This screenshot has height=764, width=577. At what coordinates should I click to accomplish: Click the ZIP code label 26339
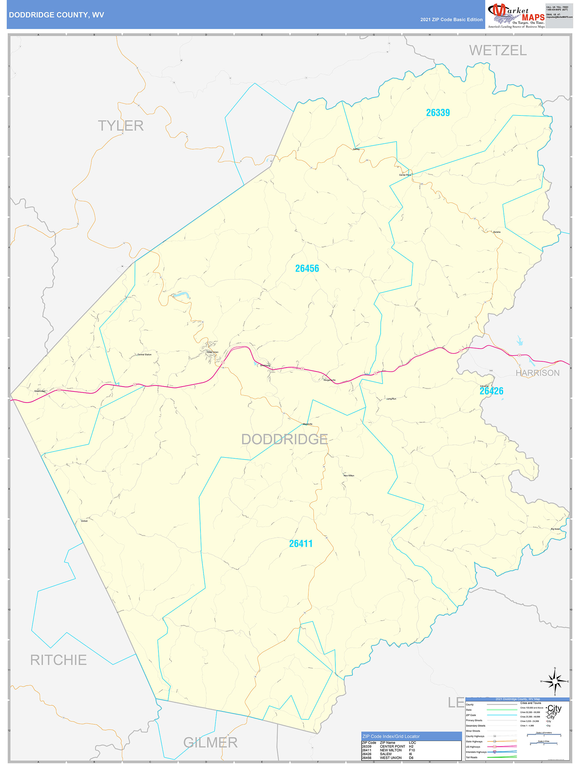coord(438,113)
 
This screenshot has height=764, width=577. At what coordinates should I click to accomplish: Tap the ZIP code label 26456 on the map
coord(307,268)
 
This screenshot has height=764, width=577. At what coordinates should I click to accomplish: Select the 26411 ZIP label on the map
coord(301,544)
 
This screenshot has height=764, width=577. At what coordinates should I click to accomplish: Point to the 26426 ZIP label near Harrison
coord(491,391)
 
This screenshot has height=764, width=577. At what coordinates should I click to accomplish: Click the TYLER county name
coord(121,126)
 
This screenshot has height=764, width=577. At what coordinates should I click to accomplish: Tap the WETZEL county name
coord(498,51)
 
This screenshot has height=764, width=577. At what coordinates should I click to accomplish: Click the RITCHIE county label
coord(58,660)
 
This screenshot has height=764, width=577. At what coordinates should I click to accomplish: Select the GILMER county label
coord(210,743)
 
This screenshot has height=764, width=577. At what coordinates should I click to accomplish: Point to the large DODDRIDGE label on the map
coord(284,439)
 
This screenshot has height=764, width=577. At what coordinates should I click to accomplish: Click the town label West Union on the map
coord(213,352)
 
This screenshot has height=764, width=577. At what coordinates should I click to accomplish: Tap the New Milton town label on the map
coord(349,476)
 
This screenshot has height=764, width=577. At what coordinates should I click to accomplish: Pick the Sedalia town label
coord(496,232)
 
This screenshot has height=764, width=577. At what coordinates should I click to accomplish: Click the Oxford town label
coord(84,521)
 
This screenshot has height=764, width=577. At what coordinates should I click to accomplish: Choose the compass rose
coord(555,681)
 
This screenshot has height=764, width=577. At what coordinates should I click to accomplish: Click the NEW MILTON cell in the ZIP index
coord(390,750)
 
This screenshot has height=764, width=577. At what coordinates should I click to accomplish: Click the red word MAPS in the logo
coord(533,17)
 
